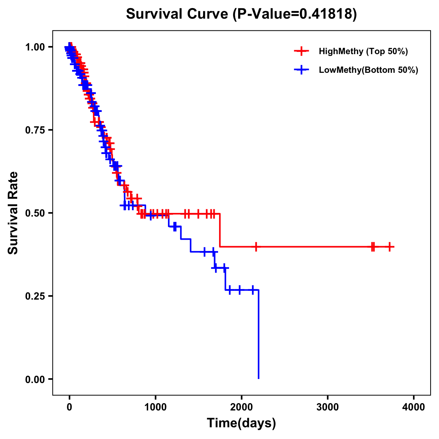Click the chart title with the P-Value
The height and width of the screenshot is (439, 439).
pyautogui.click(x=241, y=14)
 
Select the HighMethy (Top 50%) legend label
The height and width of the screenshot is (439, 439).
pyautogui.click(x=363, y=51)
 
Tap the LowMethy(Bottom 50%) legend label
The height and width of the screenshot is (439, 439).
pyautogui.click(x=368, y=70)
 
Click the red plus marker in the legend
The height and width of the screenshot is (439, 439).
pyautogui.click(x=301, y=51)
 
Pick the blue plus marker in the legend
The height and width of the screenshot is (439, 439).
pyautogui.click(x=301, y=70)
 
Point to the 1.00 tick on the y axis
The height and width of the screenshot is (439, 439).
pyautogui.click(x=35, y=47)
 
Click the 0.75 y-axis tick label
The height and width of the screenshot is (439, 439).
pyautogui.click(x=35, y=130)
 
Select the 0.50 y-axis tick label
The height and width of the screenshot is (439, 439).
pyautogui.click(x=35, y=213)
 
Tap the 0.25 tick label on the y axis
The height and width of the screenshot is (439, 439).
pyautogui.click(x=35, y=296)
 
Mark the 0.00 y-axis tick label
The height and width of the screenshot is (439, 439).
pyautogui.click(x=35, y=379)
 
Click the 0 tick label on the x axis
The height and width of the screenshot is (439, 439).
pyautogui.click(x=69, y=407)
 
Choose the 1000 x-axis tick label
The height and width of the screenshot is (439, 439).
pyautogui.click(x=155, y=407)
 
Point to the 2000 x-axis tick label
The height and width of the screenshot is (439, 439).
pyautogui.click(x=241, y=407)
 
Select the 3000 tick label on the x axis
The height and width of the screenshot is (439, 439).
pyautogui.click(x=327, y=407)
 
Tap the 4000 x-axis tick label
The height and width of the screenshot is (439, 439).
pyautogui.click(x=414, y=407)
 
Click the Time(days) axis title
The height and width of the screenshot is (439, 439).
pyautogui.click(x=241, y=423)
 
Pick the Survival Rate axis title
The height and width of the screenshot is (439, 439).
pyautogui.click(x=13, y=213)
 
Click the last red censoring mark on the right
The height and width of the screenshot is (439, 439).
pyautogui.click(x=390, y=247)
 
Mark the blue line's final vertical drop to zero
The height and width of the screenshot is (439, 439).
pyautogui.click(x=258, y=335)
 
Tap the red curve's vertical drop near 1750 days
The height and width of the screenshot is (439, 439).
pyautogui.click(x=220, y=230)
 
